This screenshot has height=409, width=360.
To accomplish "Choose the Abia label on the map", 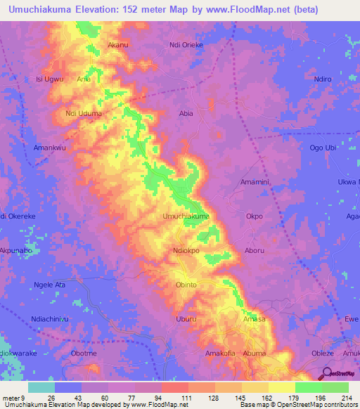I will [x=186, y=113].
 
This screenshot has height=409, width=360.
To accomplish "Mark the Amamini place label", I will [x=255, y=182].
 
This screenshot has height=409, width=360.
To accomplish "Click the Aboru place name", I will [x=255, y=251].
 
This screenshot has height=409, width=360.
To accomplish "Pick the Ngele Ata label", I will [x=49, y=285].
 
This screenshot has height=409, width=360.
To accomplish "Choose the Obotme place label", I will [x=84, y=353].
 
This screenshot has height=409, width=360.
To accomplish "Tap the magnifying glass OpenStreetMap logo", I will [x=327, y=374].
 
